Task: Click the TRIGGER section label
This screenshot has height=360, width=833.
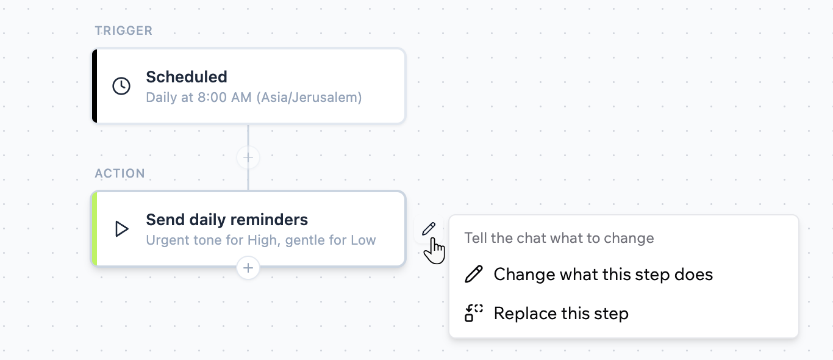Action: [x=123, y=31]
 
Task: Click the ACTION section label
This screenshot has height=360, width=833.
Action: [x=120, y=173]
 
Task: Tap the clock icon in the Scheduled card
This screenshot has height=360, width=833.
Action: [x=121, y=86]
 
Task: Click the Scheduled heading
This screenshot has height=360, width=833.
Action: [x=187, y=77]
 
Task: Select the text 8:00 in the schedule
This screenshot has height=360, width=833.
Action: [x=212, y=98]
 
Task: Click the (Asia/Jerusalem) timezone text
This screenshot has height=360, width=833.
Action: [x=309, y=98]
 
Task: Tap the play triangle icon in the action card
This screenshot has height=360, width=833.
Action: [x=121, y=229]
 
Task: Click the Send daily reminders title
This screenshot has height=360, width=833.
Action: [x=227, y=220]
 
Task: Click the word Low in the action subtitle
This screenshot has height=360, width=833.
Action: [x=363, y=240]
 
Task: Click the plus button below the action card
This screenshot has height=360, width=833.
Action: [x=248, y=268]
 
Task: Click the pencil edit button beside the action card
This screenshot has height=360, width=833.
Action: [x=429, y=229]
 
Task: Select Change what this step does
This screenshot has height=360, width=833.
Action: [x=603, y=275]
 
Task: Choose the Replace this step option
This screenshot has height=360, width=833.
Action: [x=561, y=314]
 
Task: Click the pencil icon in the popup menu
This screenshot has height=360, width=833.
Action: [x=474, y=275]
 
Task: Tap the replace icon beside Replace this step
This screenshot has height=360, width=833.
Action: [x=474, y=313]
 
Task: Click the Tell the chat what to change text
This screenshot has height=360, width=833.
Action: [x=559, y=238]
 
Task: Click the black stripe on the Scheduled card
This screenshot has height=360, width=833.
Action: [x=95, y=86]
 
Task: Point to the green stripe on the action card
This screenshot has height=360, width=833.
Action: [x=95, y=229]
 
